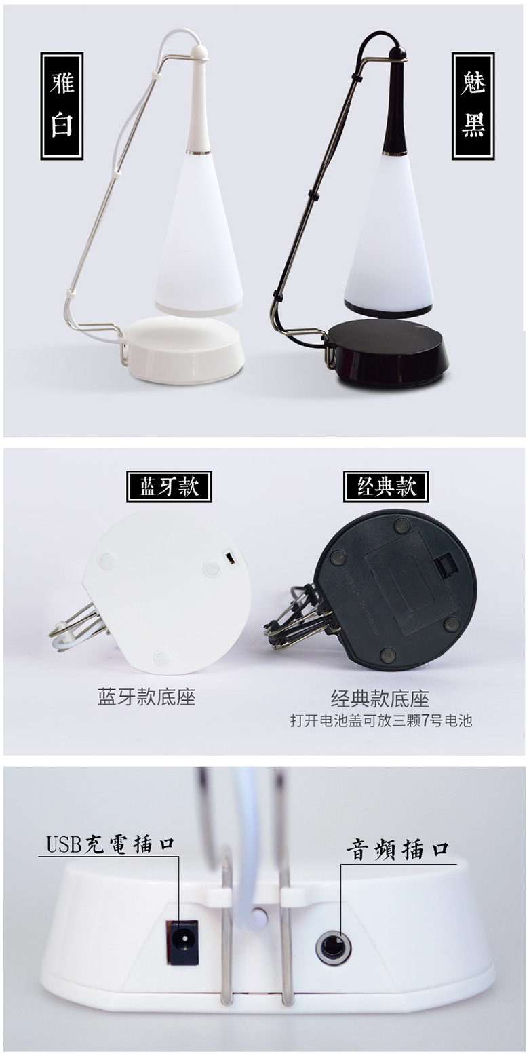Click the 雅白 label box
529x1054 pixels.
pos(62,106)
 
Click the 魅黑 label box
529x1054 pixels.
pos(473,106)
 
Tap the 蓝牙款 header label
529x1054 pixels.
pos(169,486)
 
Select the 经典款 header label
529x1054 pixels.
pos(386,486)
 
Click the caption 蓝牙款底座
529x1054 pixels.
pos(146,697)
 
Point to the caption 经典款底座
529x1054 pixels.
pos(380,699)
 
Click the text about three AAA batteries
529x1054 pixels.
pos(380,720)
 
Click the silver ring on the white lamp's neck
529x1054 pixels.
pos(198,153)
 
